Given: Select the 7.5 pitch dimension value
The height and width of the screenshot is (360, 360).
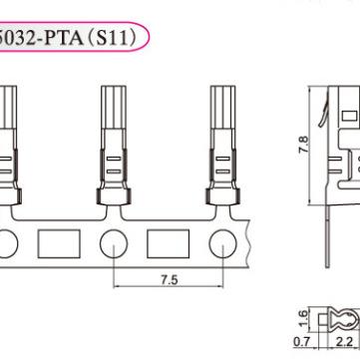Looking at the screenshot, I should pos(171,281).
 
